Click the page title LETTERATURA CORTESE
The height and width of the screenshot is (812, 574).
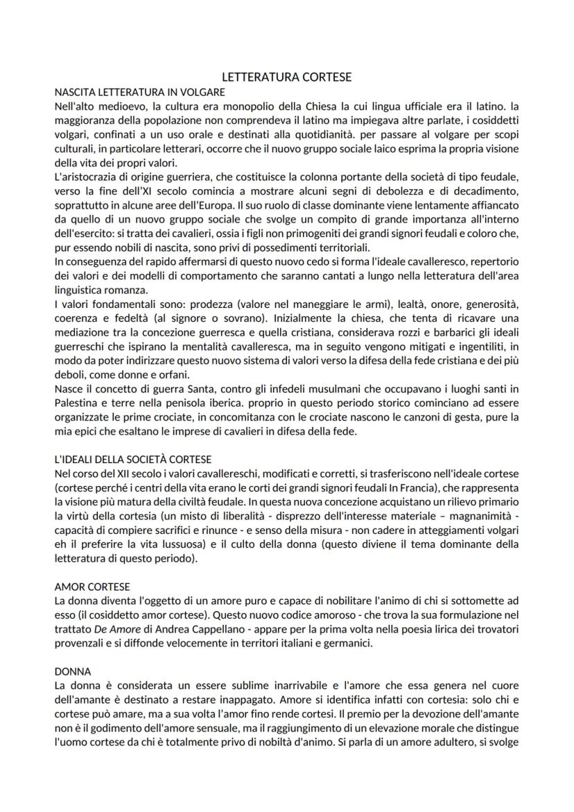(286, 77)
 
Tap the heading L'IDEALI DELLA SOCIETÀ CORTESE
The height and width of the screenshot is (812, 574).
(132, 459)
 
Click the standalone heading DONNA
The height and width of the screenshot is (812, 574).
(69, 671)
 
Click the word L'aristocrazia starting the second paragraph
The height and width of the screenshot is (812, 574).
(87, 178)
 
